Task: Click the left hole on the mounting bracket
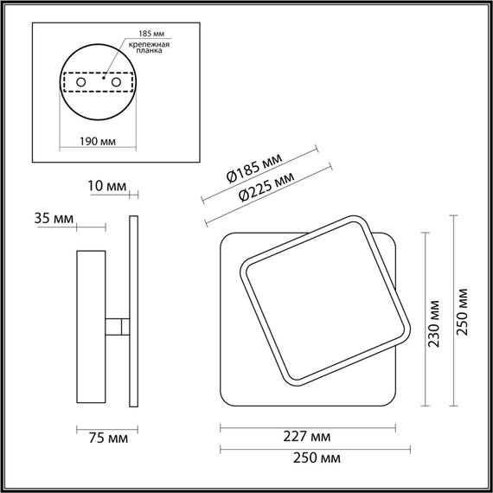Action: click(80, 82)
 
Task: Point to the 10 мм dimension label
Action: click(106, 186)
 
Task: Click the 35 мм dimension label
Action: click(50, 217)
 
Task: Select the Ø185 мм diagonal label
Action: click(254, 167)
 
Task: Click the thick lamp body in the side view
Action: click(90, 327)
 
